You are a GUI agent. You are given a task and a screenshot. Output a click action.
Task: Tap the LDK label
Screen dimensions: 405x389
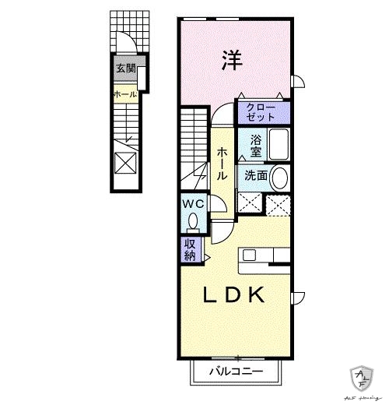point(237,296)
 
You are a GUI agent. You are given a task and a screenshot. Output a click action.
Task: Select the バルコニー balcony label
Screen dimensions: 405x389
point(235,372)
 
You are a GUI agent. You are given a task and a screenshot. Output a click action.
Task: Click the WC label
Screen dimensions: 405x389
point(193,204)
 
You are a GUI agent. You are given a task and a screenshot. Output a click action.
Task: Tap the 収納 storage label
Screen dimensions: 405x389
point(191,248)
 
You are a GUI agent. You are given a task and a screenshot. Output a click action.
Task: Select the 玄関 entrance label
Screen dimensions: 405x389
point(126,69)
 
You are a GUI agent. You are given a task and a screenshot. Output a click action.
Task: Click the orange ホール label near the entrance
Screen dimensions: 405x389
point(125,95)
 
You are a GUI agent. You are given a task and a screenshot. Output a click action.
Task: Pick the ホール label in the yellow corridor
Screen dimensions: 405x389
point(223,164)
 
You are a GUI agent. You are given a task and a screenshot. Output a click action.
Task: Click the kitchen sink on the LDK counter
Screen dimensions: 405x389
point(250,255)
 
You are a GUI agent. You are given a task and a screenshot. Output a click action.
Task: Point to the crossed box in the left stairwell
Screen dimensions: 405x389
point(125,162)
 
